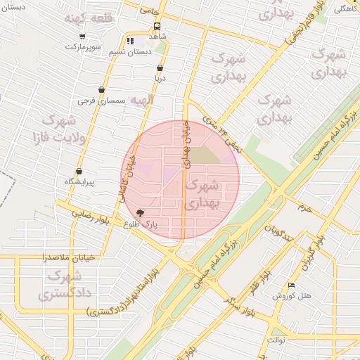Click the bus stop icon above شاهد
[157, 27]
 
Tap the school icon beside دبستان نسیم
[129, 41]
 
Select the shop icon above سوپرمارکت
[83, 36]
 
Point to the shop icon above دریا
[160, 68]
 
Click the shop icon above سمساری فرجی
[103, 89]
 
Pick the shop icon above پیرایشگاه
[79, 171]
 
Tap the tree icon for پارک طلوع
[140, 212]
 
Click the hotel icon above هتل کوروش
[292, 285]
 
